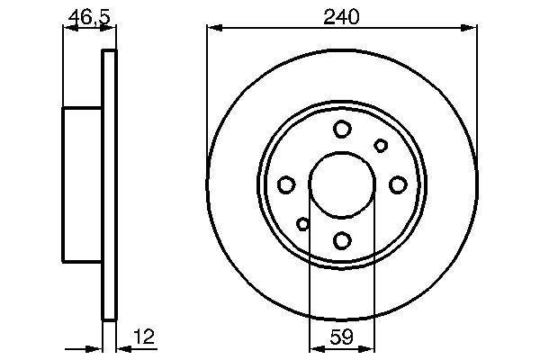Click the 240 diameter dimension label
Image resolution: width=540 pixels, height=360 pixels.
[x=342, y=15]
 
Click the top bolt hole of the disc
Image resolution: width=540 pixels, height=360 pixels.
[x=342, y=130]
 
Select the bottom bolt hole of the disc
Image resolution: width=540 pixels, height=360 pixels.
[x=342, y=240]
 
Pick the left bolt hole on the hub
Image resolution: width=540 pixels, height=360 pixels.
[x=286, y=184]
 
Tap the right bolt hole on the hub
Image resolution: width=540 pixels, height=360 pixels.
[x=398, y=184]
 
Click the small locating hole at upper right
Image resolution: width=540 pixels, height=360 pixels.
[x=381, y=146]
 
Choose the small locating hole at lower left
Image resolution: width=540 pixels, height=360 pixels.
[x=303, y=224]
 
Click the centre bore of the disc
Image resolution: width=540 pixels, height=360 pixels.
[x=342, y=184]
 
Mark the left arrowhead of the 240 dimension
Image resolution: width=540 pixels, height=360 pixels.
[x=213, y=30]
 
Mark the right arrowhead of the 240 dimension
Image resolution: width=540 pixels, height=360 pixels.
[x=471, y=30]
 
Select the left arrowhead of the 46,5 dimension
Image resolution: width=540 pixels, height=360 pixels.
[x=67, y=30]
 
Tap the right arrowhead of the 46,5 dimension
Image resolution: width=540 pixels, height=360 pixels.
[x=112, y=30]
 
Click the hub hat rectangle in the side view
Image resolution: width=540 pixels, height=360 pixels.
[x=82, y=184]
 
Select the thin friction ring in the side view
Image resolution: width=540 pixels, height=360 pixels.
[x=110, y=184]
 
